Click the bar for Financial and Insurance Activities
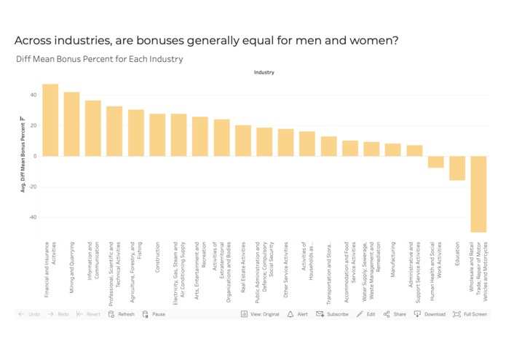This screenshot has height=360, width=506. click(x=50, y=120)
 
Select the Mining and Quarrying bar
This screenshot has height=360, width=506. click(x=71, y=124)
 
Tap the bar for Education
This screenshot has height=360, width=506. click(x=456, y=168)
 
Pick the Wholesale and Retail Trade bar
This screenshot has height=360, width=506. click(x=478, y=194)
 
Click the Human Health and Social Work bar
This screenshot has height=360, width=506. click(x=435, y=162)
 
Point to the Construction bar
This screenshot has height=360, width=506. click(x=157, y=135)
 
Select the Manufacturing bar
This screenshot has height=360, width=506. click(x=392, y=149)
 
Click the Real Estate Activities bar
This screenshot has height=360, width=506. click(x=243, y=141)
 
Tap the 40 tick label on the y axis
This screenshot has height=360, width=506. click(x=33, y=95)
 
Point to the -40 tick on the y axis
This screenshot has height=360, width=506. click(x=33, y=217)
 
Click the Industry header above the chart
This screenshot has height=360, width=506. click(x=264, y=72)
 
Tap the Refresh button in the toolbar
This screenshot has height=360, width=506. click(x=122, y=314)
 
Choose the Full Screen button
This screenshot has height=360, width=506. click(x=470, y=314)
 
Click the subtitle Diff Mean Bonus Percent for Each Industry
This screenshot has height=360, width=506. click(x=99, y=59)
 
